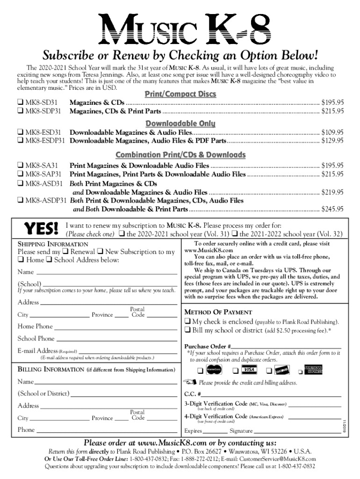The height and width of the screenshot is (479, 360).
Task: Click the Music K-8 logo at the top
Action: (180, 29)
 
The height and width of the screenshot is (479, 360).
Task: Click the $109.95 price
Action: (333, 132)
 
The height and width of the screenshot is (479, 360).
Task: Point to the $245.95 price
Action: (333, 209)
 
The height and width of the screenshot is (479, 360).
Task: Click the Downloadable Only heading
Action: (180, 123)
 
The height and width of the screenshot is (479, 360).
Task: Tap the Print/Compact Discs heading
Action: (180, 94)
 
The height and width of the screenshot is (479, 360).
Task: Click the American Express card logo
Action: (314, 370)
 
